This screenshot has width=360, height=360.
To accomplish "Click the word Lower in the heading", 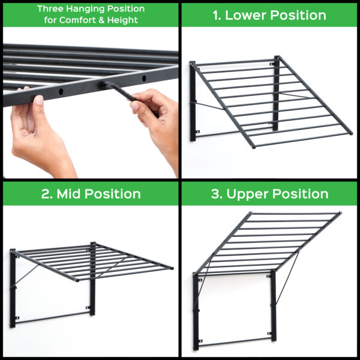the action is pos(245,16).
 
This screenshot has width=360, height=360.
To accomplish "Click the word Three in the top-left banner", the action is pos(50,9).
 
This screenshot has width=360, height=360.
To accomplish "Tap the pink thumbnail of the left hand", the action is pos(40,100).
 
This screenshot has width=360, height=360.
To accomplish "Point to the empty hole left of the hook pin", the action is pos(61,92).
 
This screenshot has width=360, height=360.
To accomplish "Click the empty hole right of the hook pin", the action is pos(144,78).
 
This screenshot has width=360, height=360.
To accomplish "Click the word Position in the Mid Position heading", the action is pos(113,194).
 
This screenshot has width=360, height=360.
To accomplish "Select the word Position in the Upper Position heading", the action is pos(300,194).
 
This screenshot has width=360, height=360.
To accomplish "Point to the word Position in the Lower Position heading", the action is pos(298,16).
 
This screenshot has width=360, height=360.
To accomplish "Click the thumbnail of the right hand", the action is pos(135,106).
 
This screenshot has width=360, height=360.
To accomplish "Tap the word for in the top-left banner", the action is pos(50,20).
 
